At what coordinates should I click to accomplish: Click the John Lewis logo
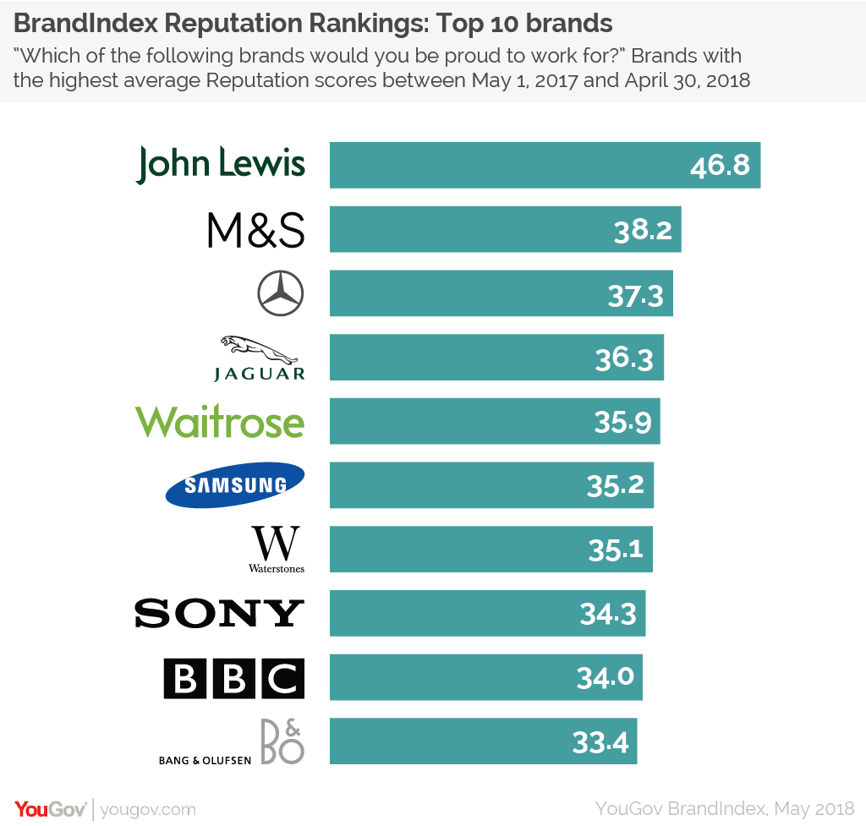[x=221, y=164]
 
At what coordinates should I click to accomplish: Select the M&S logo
[x=255, y=230]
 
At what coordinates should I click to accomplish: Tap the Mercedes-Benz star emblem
[x=280, y=293]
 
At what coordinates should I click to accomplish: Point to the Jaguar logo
[x=259, y=358]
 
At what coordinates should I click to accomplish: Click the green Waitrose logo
[x=220, y=421]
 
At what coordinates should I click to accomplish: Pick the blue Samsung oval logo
[x=234, y=484]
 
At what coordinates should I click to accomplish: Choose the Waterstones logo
[x=276, y=550]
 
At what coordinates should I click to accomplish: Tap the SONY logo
[x=219, y=613]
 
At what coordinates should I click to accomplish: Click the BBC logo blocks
[x=233, y=677]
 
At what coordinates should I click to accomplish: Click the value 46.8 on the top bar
[x=720, y=165]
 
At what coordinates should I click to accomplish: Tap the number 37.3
[x=635, y=294]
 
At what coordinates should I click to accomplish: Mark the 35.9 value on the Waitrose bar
[x=622, y=421]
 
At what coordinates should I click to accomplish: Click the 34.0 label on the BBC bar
[x=606, y=678]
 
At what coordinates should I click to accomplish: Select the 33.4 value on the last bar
[x=600, y=742]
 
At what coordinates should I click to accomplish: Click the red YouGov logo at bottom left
[x=51, y=808]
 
